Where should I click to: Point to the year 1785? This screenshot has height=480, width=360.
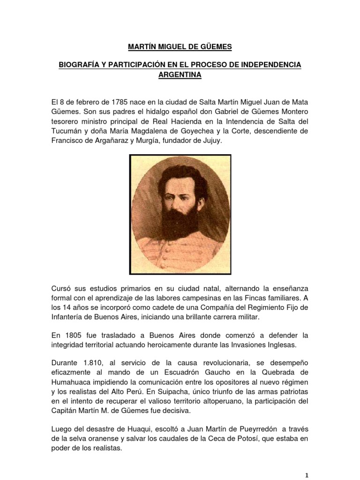coord(120,102)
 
